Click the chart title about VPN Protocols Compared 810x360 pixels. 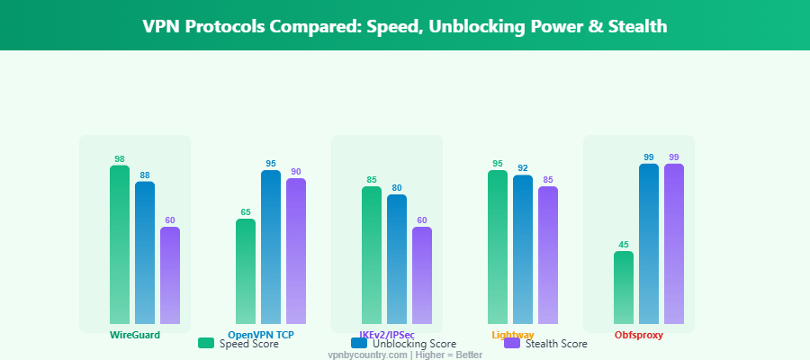click(x=405, y=26)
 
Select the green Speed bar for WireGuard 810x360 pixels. click(x=120, y=244)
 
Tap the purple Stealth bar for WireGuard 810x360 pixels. click(x=170, y=274)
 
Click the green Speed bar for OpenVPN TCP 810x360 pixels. click(x=246, y=271)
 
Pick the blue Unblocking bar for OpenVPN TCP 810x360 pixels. click(x=271, y=247)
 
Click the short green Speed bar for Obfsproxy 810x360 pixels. click(x=624, y=287)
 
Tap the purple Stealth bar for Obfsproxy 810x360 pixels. click(x=674, y=243)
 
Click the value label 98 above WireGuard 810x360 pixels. click(x=120, y=158)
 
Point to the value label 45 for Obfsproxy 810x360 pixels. click(x=624, y=244)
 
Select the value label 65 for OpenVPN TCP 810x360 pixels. click(x=246, y=212)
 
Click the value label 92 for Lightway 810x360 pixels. click(x=523, y=168)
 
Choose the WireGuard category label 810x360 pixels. click(x=135, y=335)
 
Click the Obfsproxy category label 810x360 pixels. click(x=639, y=335)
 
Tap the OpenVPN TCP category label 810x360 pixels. click(x=261, y=335)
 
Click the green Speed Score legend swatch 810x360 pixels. click(x=206, y=343)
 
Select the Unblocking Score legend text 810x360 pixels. click(x=414, y=344)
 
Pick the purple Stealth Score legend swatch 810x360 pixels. click(x=512, y=343)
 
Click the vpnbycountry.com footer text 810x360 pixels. click(x=405, y=355)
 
